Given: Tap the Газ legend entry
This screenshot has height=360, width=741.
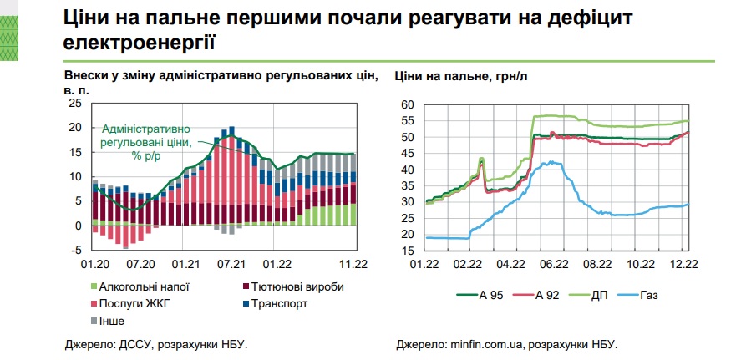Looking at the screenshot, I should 664,295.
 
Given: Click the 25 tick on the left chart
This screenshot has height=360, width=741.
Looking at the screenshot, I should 76,104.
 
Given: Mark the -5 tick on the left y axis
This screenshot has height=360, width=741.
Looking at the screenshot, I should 77,250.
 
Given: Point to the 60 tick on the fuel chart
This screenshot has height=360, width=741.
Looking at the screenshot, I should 408,105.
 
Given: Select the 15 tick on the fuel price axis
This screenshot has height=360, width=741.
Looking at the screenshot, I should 408,250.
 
